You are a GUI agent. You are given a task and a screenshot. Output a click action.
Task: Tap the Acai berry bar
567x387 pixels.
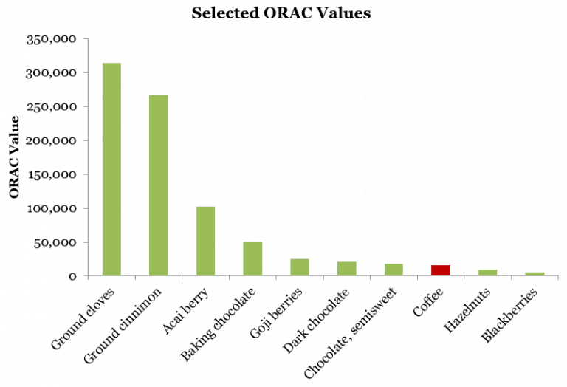coord(205,241)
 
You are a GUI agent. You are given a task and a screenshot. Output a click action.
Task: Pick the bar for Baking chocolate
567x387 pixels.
coord(252,258)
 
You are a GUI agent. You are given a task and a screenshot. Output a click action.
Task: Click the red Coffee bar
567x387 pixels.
coord(441,270)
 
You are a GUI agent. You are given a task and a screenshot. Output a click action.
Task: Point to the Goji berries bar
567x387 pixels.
coord(300,267)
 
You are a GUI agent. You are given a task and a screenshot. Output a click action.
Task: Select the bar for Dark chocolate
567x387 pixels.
coord(346,269)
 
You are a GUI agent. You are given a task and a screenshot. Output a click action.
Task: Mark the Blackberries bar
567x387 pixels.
coord(535,274)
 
